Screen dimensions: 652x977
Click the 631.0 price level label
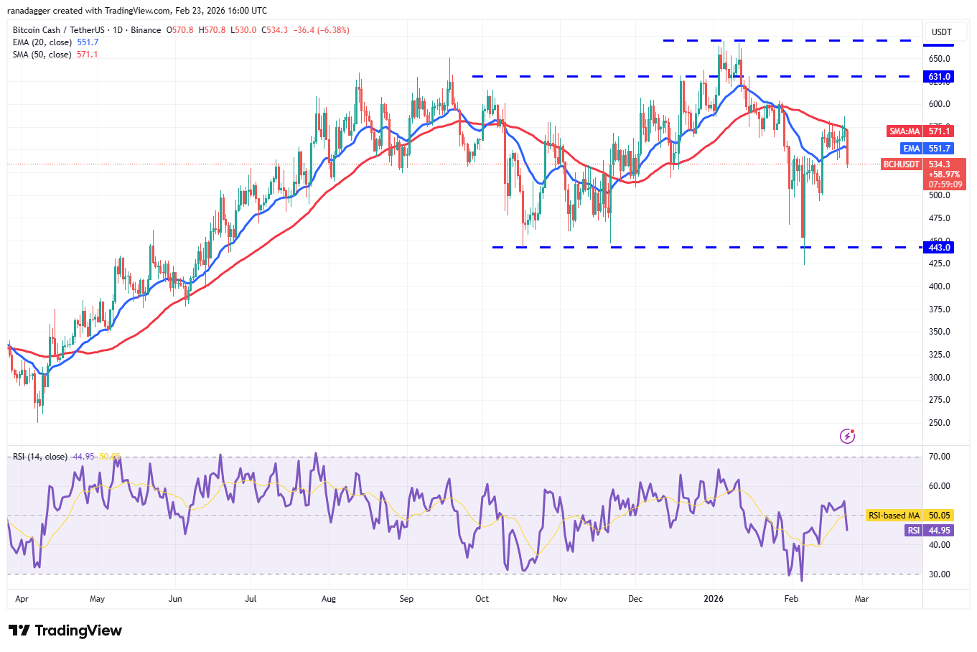click(x=939, y=77)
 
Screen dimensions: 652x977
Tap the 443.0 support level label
click(x=939, y=248)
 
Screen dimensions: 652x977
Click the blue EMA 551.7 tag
click(x=927, y=149)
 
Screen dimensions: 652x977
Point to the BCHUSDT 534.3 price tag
click(x=923, y=164)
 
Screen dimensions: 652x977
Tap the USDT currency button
click(x=941, y=32)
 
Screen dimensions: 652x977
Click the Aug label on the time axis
click(x=329, y=599)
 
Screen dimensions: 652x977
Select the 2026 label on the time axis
click(x=714, y=599)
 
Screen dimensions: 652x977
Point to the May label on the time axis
click(x=97, y=599)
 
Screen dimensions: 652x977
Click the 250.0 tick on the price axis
click(x=939, y=423)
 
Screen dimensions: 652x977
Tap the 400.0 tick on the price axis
click(x=939, y=287)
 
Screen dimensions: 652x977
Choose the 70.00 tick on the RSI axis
click(x=939, y=457)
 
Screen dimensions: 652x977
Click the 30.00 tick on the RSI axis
click(x=939, y=574)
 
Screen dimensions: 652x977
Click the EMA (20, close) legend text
click(x=42, y=42)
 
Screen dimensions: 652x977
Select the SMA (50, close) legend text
click(x=42, y=55)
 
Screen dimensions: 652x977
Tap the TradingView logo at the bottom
click(x=65, y=630)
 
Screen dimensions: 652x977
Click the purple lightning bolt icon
click(x=847, y=436)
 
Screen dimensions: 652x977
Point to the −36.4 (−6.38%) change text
click(x=321, y=30)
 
